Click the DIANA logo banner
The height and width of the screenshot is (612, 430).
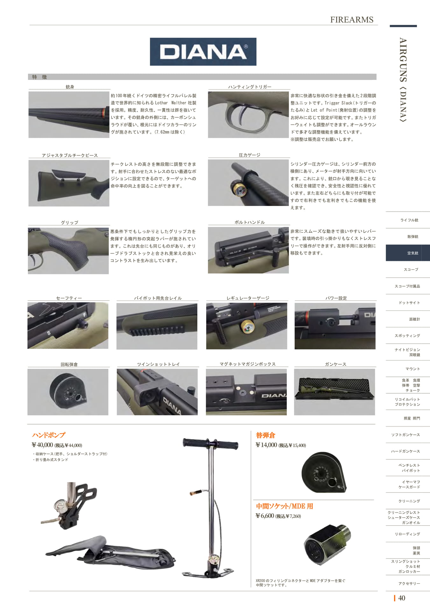(203, 52)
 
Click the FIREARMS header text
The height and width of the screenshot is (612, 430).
(352, 19)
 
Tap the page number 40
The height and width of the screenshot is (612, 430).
(402, 598)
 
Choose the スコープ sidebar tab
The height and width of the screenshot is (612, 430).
(411, 270)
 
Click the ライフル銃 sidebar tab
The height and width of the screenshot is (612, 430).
(409, 220)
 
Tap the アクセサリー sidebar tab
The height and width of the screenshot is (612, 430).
(409, 584)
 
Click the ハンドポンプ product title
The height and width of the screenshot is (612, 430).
(49, 435)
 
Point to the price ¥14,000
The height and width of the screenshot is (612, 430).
(266, 445)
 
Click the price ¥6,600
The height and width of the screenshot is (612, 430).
(265, 516)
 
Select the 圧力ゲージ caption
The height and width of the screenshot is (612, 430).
(250, 155)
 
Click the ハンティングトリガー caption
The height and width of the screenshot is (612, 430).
(250, 87)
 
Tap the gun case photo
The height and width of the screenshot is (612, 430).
(335, 392)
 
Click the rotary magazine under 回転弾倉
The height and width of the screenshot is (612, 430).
(68, 392)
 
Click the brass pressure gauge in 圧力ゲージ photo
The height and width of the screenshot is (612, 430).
(238, 189)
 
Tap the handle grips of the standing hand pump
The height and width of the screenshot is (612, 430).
(210, 443)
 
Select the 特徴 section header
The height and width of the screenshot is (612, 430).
(39, 77)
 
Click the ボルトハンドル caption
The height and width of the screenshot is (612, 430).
(250, 222)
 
